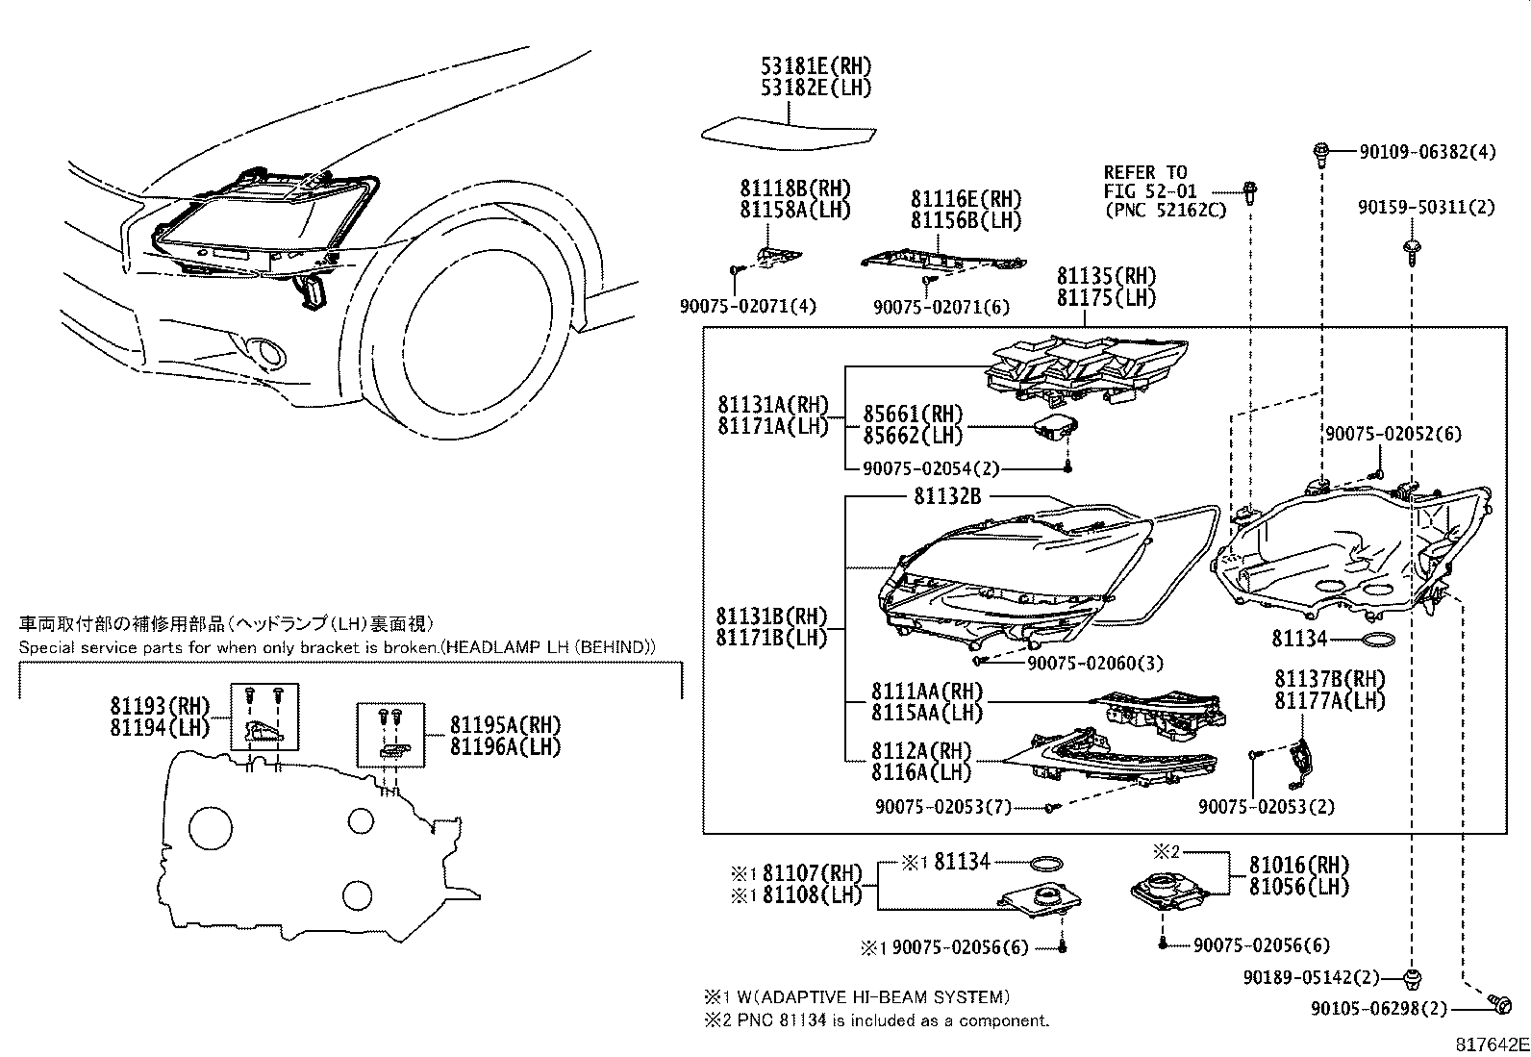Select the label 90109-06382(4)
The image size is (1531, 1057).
click(1427, 152)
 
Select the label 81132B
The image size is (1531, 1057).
click(947, 496)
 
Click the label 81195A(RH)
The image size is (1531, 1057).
click(505, 725)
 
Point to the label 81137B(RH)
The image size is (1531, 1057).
click(1330, 680)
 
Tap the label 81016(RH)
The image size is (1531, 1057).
click(1299, 865)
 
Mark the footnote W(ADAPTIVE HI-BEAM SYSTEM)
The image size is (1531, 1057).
click(872, 997)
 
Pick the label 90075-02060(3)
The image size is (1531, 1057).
click(1094, 663)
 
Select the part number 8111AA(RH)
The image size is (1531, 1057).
click(927, 692)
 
